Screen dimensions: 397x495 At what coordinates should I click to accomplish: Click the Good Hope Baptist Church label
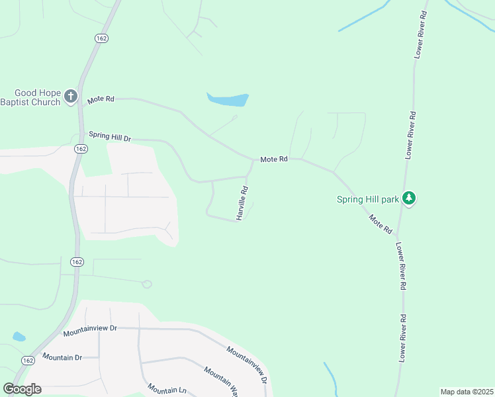click(30, 98)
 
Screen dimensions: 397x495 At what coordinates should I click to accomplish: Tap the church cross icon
click(71, 98)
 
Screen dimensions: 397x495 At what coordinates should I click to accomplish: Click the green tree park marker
click(409, 198)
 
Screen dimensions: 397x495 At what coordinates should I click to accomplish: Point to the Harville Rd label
click(243, 202)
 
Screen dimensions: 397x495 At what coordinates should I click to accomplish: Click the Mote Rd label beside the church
click(101, 99)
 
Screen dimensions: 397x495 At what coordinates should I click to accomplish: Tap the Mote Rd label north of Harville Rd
click(274, 159)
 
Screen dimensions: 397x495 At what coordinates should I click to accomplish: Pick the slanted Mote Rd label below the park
click(381, 224)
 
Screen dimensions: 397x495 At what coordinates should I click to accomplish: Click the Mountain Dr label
click(62, 357)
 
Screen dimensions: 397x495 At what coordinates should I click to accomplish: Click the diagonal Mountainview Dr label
click(246, 365)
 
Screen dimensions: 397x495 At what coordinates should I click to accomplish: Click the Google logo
click(22, 389)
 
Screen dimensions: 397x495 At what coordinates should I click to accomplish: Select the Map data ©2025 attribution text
click(467, 392)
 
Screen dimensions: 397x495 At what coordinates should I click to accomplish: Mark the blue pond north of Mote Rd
click(228, 100)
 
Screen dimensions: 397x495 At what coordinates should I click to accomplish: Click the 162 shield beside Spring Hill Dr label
click(81, 149)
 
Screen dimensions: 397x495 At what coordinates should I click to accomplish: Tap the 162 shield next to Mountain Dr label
click(27, 360)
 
